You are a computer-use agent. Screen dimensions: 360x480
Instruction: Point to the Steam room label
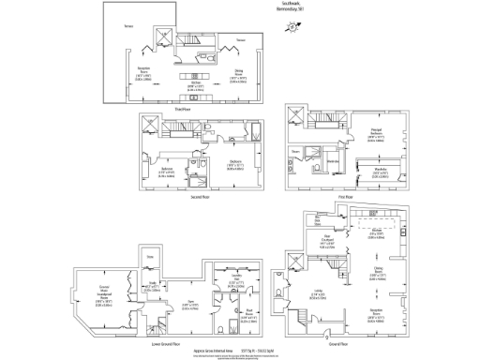[x=294, y=150]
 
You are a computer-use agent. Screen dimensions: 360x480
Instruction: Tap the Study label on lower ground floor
[x=150, y=287]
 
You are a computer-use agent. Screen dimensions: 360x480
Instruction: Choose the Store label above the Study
[x=149, y=256]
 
